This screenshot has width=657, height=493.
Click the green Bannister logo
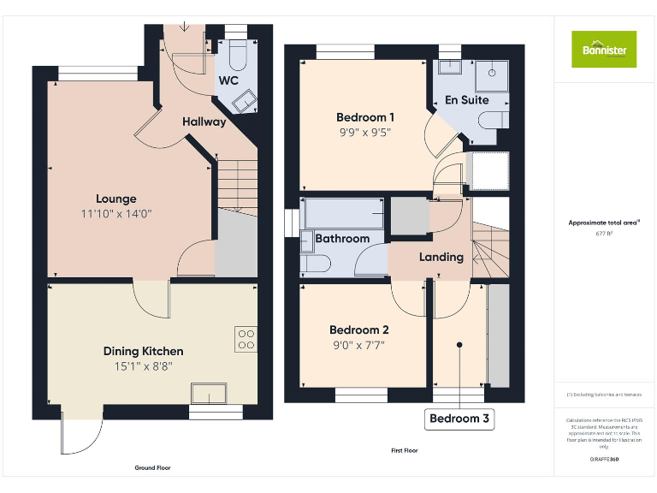point(604,49)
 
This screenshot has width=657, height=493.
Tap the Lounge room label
point(115,199)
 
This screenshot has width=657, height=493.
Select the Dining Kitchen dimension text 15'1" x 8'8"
point(143,366)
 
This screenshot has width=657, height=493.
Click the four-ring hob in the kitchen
point(246,340)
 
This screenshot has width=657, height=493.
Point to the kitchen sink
point(209,393)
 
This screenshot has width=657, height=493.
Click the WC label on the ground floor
point(228,81)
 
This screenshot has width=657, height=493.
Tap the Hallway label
point(204,122)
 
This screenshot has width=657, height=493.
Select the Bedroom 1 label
point(365,117)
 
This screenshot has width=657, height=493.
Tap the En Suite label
point(467,100)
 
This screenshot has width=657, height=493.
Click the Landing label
point(441,257)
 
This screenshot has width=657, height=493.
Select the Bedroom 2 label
point(359,330)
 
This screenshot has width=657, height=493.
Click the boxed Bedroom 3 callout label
point(459,419)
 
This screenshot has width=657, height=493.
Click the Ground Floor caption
point(152,468)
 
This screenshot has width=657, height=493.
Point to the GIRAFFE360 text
point(604,460)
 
